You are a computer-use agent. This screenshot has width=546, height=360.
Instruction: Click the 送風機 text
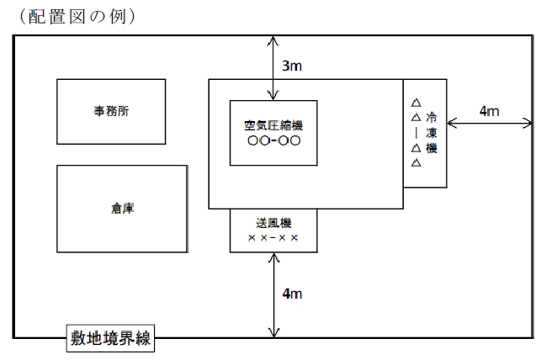273,224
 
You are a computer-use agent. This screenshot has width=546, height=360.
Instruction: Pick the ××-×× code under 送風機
273,238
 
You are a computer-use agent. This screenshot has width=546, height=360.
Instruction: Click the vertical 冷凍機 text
432,133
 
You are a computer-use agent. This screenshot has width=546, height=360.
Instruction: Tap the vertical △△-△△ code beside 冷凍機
415,133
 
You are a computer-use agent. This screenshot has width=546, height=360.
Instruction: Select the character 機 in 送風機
287,224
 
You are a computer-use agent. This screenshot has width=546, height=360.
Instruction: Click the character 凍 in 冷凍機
432,133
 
